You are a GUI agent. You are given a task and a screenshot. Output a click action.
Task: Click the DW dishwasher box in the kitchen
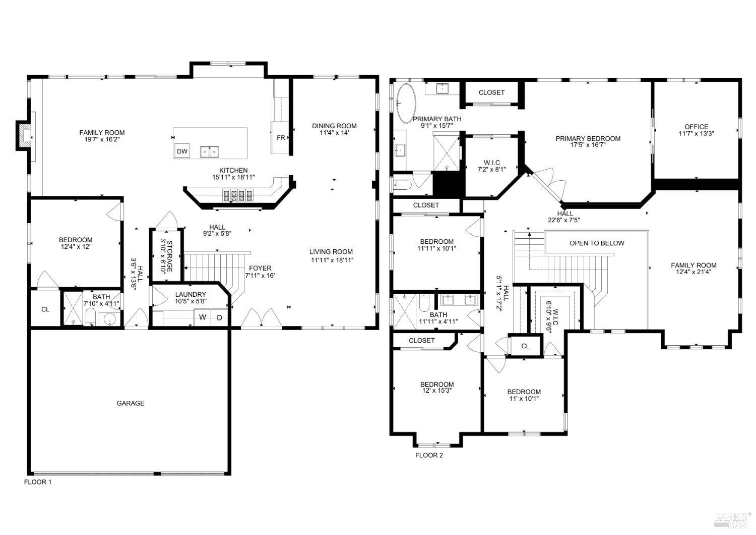point(182,151)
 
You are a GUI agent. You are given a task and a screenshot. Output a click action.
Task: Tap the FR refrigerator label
point(281,137)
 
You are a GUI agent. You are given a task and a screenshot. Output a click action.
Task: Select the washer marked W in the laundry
point(202,317)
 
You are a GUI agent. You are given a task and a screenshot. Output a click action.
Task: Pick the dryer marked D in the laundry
point(220,317)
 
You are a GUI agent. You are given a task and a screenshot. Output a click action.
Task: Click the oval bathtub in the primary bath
point(406,103)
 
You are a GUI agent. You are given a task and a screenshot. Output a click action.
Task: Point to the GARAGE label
point(131,403)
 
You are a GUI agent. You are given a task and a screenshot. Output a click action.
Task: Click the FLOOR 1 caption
point(38,482)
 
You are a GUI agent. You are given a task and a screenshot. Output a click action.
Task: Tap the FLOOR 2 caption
point(429,455)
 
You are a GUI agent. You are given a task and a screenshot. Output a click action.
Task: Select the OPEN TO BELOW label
point(597,243)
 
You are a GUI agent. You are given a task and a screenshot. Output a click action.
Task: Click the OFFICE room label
point(696,127)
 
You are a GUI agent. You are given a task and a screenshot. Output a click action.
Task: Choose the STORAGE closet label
point(170,256)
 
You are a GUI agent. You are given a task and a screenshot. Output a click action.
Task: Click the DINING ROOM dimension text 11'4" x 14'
point(334,133)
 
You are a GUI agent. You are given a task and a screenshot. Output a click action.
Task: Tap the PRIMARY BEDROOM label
point(588,138)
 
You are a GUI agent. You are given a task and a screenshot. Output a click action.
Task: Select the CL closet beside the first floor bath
point(45,309)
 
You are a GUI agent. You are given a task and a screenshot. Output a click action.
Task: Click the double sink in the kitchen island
point(210,151)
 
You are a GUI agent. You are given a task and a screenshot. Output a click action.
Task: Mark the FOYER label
point(260,269)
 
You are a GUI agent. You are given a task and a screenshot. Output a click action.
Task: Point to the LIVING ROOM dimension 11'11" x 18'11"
point(331,260)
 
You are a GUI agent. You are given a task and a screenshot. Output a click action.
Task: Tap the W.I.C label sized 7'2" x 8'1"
point(491,163)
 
